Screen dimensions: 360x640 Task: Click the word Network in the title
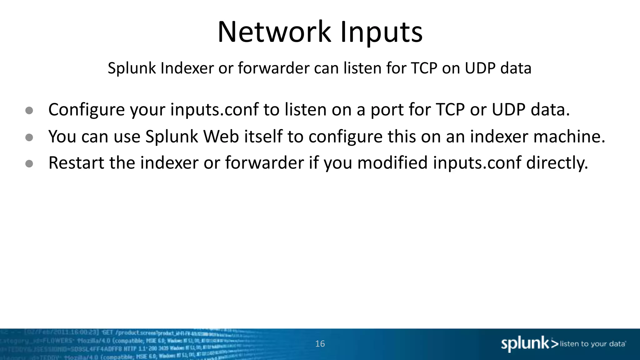[274, 32]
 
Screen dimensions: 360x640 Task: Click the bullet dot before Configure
[29, 111]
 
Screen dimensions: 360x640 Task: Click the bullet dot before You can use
[29, 137]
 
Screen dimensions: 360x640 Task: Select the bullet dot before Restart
[29, 164]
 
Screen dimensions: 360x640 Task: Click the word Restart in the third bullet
[76, 163]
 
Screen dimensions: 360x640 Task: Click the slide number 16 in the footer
[320, 344]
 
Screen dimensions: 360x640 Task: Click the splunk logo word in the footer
[525, 344]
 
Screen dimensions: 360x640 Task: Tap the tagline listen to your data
[592, 344]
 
